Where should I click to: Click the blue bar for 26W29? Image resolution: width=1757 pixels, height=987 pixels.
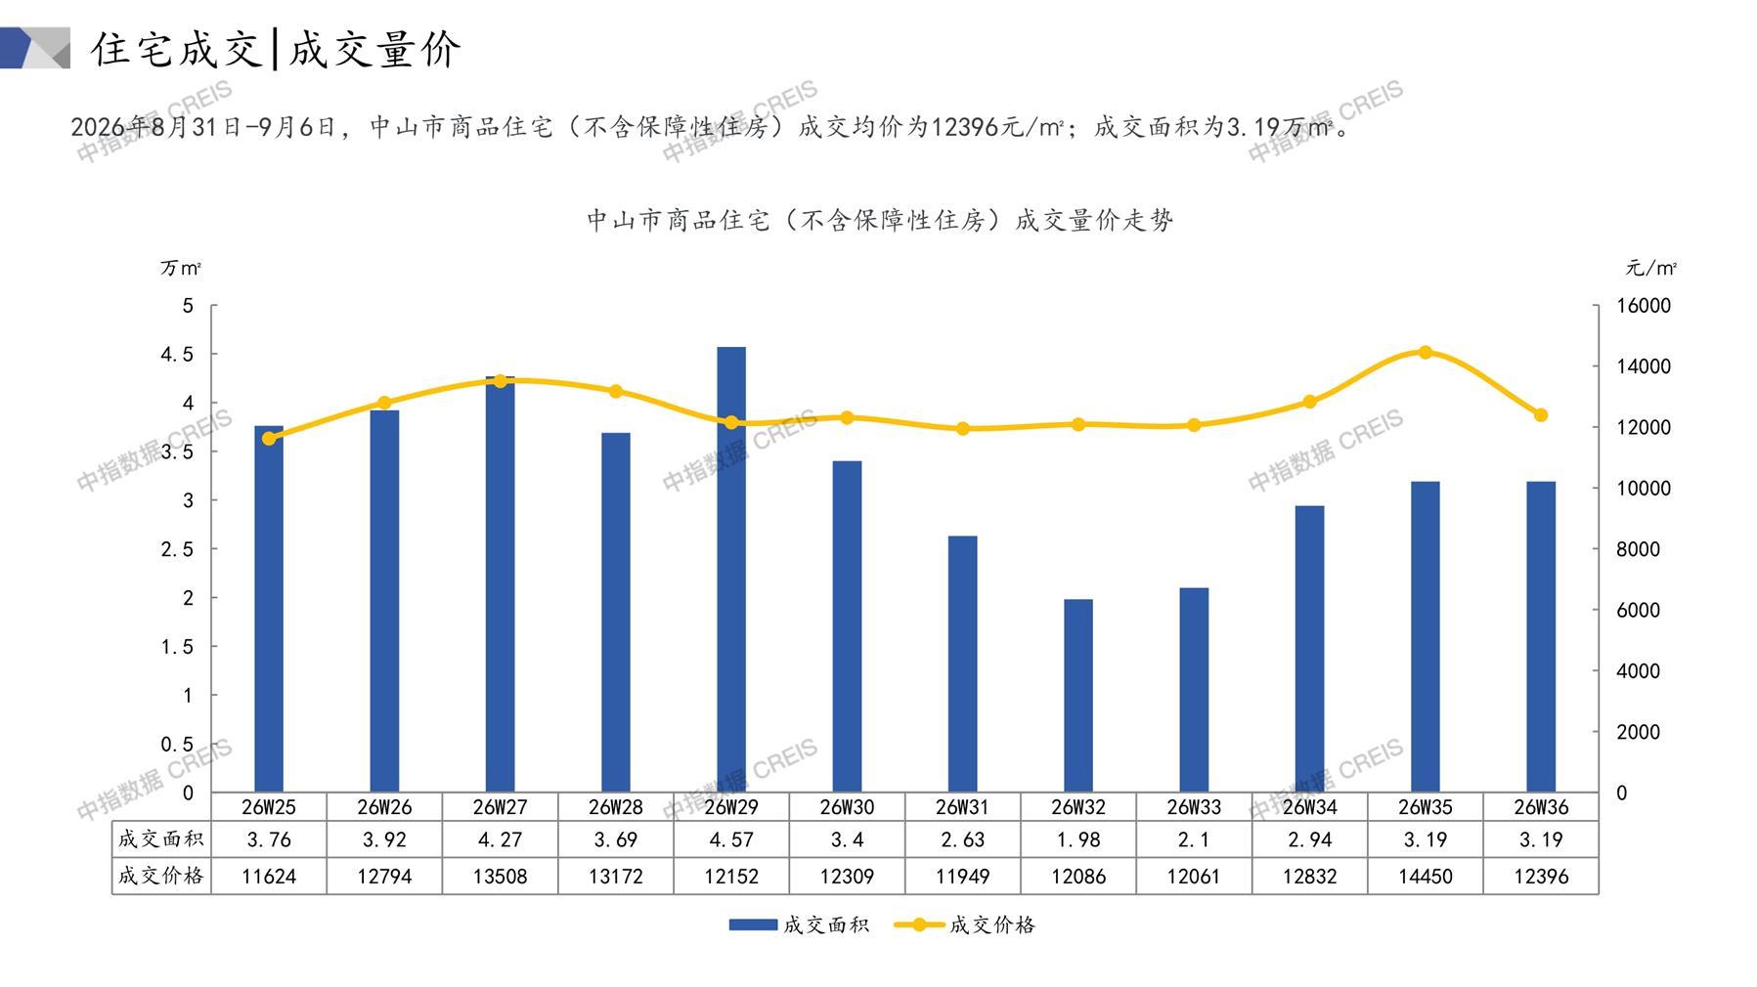(x=731, y=570)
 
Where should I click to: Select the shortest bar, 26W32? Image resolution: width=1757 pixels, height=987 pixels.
(x=1078, y=696)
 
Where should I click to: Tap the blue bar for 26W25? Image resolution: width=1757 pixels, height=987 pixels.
(x=269, y=609)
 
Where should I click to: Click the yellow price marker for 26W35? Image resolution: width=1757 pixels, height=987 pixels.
(x=1426, y=353)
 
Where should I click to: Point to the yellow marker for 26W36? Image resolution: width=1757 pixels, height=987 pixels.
(x=1541, y=415)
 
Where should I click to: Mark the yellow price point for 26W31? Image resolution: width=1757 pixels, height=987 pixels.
(x=963, y=429)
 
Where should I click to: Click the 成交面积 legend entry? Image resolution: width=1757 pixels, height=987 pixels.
(x=799, y=924)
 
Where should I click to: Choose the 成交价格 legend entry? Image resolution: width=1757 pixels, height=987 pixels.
(x=965, y=924)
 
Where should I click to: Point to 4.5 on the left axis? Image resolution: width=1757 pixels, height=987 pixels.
(x=177, y=354)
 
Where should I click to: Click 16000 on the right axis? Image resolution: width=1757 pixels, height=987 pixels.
(x=1644, y=306)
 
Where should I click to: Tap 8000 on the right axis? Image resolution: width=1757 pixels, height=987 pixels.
(x=1638, y=549)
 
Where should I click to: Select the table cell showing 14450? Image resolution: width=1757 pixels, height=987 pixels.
(x=1426, y=877)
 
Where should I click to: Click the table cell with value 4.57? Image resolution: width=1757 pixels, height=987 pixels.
(x=731, y=839)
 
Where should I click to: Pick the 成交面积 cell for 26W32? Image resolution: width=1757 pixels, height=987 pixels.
(x=1078, y=839)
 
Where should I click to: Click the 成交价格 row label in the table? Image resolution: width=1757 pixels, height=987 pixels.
(x=161, y=876)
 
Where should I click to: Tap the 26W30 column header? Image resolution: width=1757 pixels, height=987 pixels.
(x=847, y=807)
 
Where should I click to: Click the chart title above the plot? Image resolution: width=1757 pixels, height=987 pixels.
(x=880, y=220)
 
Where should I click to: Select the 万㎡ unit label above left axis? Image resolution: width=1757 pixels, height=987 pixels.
(x=181, y=268)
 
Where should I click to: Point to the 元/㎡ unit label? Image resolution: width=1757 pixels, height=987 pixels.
(x=1651, y=268)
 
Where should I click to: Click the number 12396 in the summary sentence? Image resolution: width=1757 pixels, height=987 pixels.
(x=959, y=127)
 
